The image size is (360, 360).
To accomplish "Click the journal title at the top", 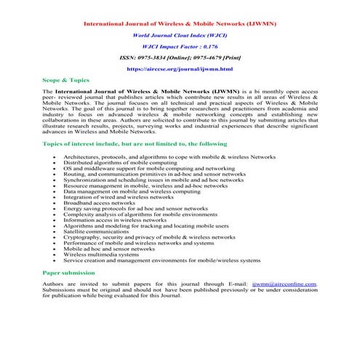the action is [x=180, y=24].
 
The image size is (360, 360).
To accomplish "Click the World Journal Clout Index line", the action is [x=180, y=35].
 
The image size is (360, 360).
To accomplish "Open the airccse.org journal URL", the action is [x=180, y=68].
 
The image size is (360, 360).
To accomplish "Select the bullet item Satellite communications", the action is [x=100, y=231].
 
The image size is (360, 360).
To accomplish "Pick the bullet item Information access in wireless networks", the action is [x=115, y=219].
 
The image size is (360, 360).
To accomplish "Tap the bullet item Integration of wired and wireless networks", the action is [x=119, y=196].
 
